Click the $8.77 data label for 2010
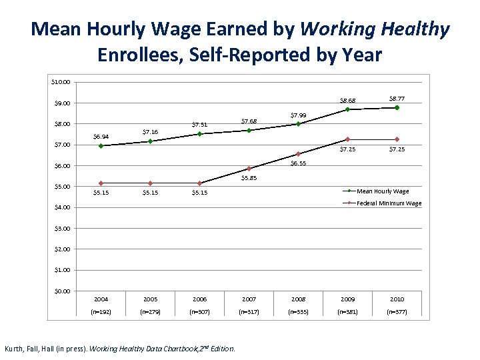tap(397, 98)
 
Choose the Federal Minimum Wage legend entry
tap(389, 203)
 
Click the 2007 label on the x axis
tap(249, 299)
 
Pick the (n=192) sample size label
tap(101, 311)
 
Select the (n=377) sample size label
tap(397, 311)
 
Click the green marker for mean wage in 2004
tap(101, 145)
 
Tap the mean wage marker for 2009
tap(347, 109)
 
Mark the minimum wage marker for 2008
tap(298, 154)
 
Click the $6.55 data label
tap(298, 163)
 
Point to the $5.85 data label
tap(249, 178)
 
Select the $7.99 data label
tap(298, 115)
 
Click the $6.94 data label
tap(101, 137)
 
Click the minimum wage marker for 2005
tap(150, 183)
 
